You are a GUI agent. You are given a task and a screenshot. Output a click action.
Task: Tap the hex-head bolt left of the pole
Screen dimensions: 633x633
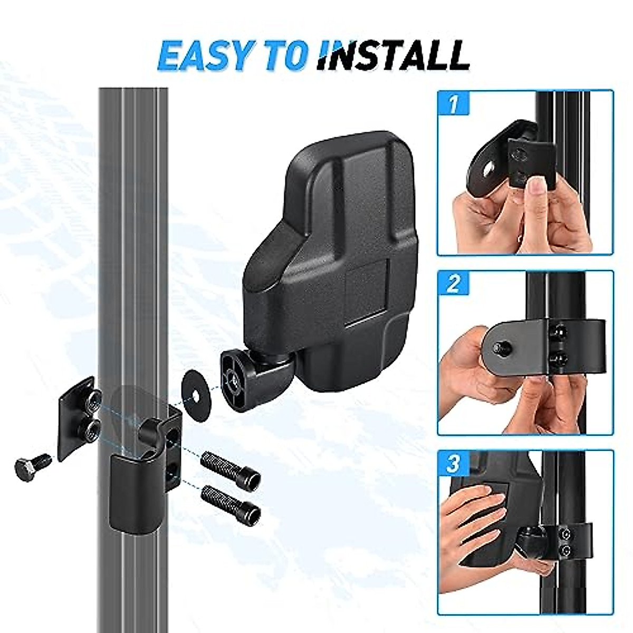point(32,466)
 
